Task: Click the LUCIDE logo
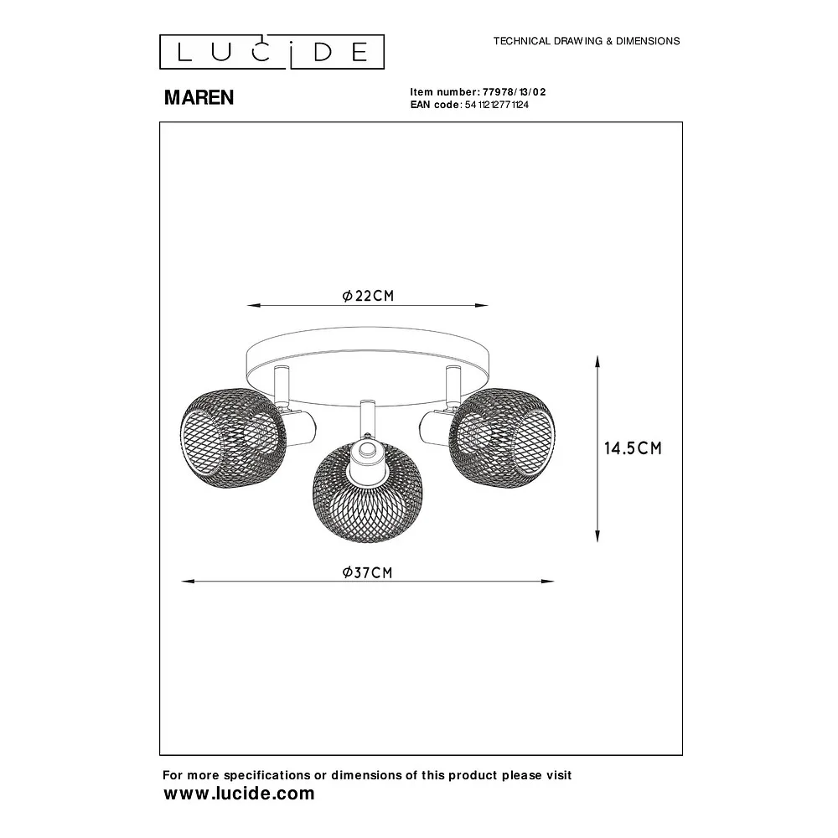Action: tap(272, 52)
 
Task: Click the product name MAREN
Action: tap(199, 97)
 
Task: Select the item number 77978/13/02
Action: tap(515, 92)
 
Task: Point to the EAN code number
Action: tap(496, 105)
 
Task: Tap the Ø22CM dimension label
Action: tap(368, 296)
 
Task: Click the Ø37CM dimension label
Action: tap(368, 572)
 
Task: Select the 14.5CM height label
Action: tap(633, 447)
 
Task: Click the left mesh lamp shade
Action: tap(233, 437)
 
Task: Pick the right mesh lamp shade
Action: tap(502, 437)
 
